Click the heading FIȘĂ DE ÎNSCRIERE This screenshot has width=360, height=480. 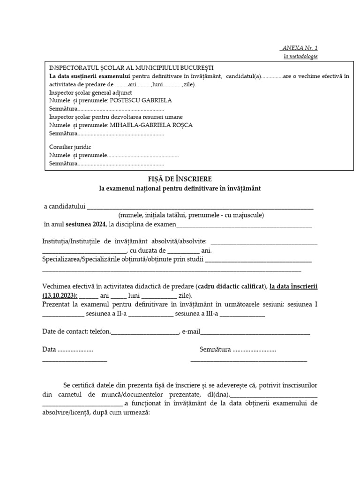(x=180, y=179)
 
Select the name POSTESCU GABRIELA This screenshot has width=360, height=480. (x=140, y=100)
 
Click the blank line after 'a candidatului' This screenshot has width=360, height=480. (x=200, y=207)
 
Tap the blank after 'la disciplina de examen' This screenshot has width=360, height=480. (x=244, y=225)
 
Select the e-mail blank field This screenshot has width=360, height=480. (x=255, y=332)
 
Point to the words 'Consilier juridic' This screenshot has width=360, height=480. (x=70, y=147)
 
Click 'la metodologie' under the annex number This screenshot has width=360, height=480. (x=300, y=56)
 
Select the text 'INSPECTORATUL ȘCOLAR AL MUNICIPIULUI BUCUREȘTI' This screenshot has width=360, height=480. (x=131, y=68)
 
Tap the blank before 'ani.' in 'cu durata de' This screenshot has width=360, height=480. (x=180, y=251)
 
